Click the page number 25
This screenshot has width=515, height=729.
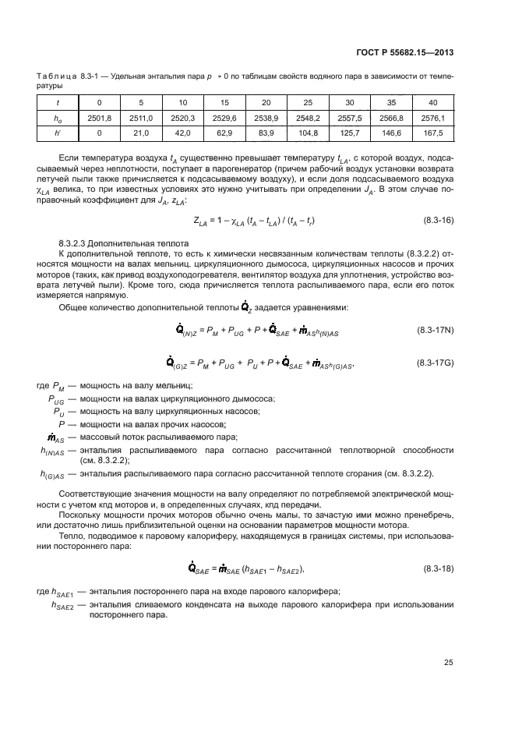tap(449, 663)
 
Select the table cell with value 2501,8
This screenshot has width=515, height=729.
tap(99, 118)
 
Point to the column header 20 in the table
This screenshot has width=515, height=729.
tap(266, 103)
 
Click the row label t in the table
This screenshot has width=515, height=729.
tap(59, 103)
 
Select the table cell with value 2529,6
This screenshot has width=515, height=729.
tap(224, 118)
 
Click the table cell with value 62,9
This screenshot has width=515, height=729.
tap(224, 133)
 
